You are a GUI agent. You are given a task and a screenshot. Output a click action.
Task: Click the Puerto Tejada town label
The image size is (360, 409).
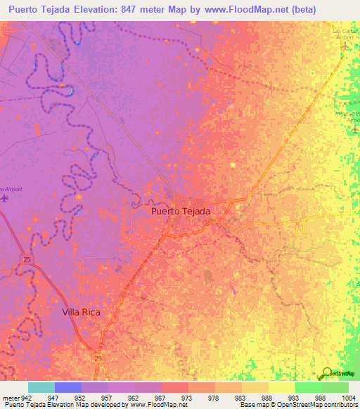pyautogui.click(x=181, y=210)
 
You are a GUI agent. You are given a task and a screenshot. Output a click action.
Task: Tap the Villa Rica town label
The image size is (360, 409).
pyautogui.click(x=82, y=311)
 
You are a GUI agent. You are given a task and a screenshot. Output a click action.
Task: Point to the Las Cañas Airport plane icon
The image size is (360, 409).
pyautogui.click(x=345, y=45)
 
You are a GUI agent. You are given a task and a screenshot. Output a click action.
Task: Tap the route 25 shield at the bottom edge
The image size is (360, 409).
pyautogui.click(x=98, y=358)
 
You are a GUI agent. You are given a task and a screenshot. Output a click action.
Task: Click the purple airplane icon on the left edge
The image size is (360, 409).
pyautogui.click(x=4, y=198)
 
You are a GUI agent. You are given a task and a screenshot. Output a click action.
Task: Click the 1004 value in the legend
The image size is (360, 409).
pyautogui.click(x=349, y=398)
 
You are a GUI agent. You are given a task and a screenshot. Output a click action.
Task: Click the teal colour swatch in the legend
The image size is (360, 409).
pyautogui.click(x=41, y=387)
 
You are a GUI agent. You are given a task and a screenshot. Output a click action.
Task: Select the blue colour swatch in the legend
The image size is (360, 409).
pyautogui.click(x=68, y=387)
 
